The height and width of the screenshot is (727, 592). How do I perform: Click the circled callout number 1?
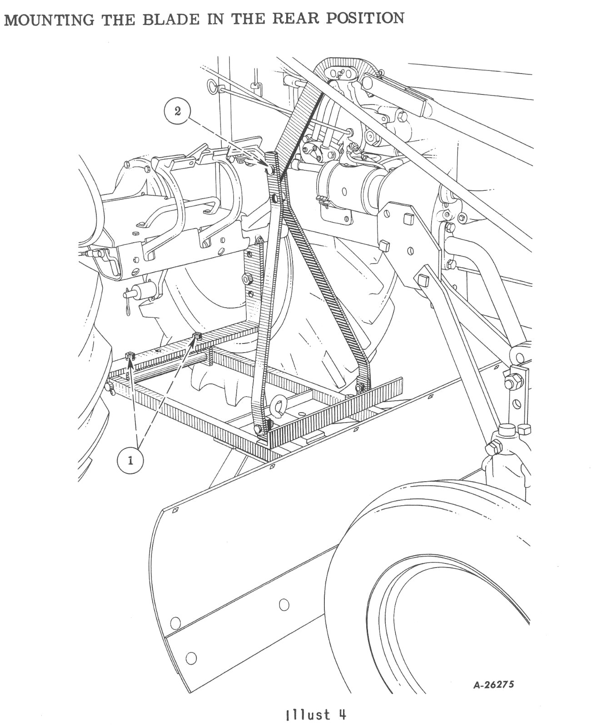pyautogui.click(x=130, y=461)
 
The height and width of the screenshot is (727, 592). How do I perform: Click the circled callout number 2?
pyautogui.click(x=178, y=111)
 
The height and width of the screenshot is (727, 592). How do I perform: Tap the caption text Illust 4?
pyautogui.click(x=316, y=713)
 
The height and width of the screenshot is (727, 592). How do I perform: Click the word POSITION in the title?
pyautogui.click(x=365, y=18)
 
